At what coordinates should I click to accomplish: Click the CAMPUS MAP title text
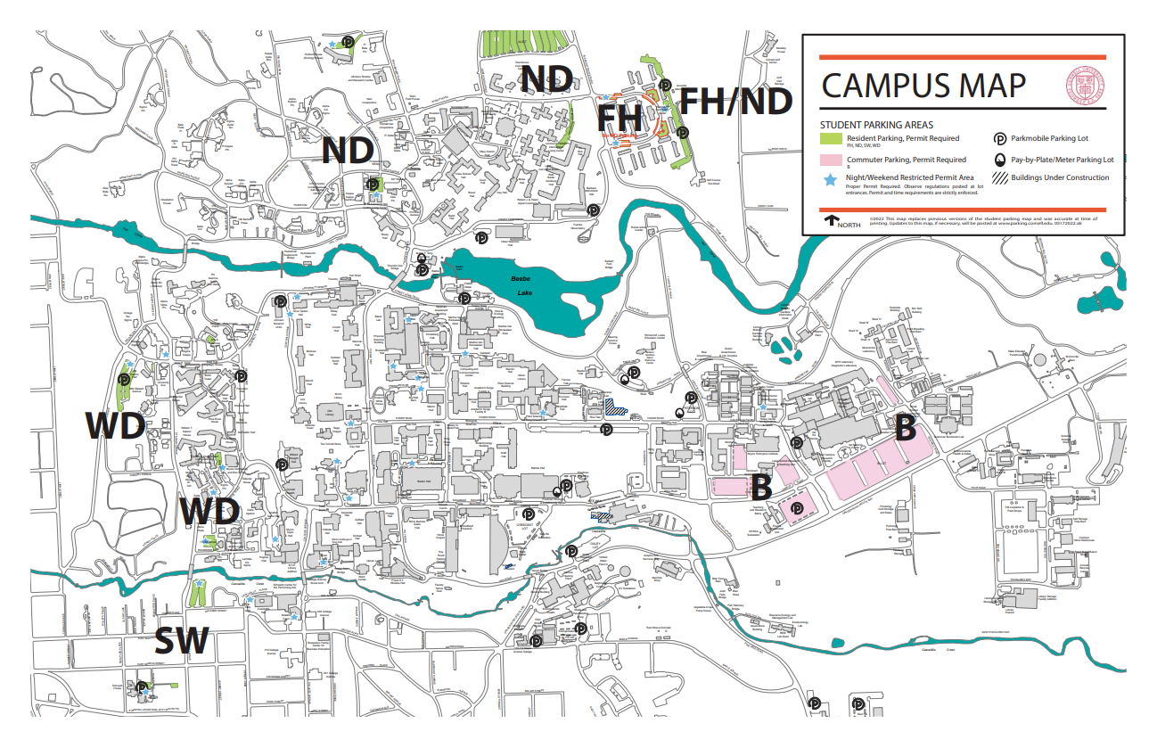point(923,86)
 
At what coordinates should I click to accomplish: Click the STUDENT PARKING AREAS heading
point(876,125)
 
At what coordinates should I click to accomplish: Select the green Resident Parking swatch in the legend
point(831,139)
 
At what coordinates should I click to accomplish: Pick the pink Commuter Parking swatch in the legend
point(831,160)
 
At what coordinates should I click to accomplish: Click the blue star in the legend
point(830,179)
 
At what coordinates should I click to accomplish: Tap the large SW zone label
point(182,642)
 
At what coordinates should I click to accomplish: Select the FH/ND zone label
point(736,101)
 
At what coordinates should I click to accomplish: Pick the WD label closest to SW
point(209,513)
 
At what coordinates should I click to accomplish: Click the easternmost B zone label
point(905,429)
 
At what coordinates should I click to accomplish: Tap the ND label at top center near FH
point(546,79)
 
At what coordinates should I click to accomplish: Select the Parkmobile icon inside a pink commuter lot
point(797,507)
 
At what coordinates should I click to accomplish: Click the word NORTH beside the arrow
point(849,224)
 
